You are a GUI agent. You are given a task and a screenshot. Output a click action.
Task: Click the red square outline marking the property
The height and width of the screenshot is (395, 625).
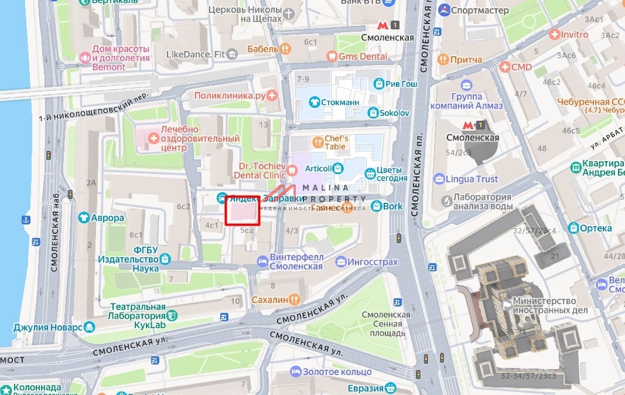pos(243,210)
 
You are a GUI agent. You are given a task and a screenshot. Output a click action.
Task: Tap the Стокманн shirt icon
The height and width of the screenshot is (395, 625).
pos(315,102)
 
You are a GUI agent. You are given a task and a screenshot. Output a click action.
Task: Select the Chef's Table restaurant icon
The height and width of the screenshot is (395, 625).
pos(317,141)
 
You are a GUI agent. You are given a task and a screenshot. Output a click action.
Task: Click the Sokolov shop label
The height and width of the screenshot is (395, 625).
pos(394,113)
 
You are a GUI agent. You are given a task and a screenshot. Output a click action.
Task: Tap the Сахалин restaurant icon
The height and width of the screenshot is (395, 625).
pos(295,299)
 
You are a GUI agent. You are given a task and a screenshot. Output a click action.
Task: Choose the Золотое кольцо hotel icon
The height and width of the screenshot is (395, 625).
pos(296,372)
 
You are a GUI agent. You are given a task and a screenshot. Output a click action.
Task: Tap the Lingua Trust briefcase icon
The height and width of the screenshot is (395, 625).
pos(439,179)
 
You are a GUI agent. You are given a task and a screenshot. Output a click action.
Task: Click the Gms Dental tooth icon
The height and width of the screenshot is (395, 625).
pos(332,56)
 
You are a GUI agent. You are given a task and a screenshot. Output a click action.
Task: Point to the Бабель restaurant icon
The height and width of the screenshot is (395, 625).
pos(285,49)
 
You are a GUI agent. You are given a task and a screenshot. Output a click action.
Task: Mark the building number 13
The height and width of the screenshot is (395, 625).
pos(263,124)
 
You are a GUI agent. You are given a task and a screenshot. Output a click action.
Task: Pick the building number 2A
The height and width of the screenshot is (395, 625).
pos(91,183)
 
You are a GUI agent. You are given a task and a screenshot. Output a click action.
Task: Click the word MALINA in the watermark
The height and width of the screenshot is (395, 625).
pos(325,188)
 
